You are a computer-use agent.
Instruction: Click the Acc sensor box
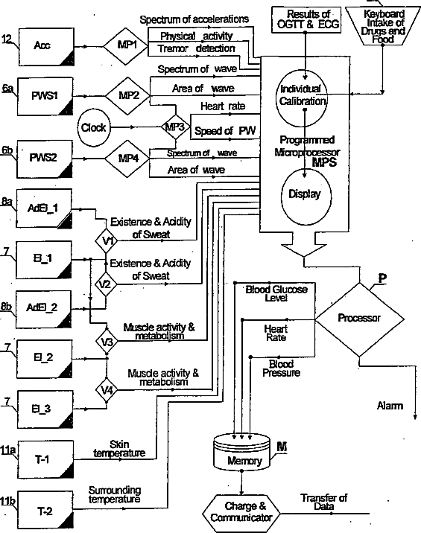coord(46,47)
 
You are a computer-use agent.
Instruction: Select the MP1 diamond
coord(126,46)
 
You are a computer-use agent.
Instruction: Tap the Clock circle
coord(94,127)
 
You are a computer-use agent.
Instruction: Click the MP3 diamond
coord(176,127)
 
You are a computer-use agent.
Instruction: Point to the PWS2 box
coord(45,159)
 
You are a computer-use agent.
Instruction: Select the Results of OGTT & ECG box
coord(306,19)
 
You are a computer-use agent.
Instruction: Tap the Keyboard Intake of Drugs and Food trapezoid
coord(382,26)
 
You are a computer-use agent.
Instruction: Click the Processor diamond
coord(360,319)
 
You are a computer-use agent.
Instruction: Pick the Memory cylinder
coord(241,451)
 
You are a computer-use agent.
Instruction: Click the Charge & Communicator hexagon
coord(241,513)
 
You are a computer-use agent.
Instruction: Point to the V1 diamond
coord(107,240)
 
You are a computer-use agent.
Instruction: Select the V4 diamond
coord(107,390)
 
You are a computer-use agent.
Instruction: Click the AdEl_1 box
coord(44,208)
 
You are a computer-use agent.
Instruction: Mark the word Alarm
coord(390,406)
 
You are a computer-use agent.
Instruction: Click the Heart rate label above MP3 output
coord(223,106)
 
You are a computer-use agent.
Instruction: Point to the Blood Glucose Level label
coord(276,293)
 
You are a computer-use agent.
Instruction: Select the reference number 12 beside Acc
coord(7,39)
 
